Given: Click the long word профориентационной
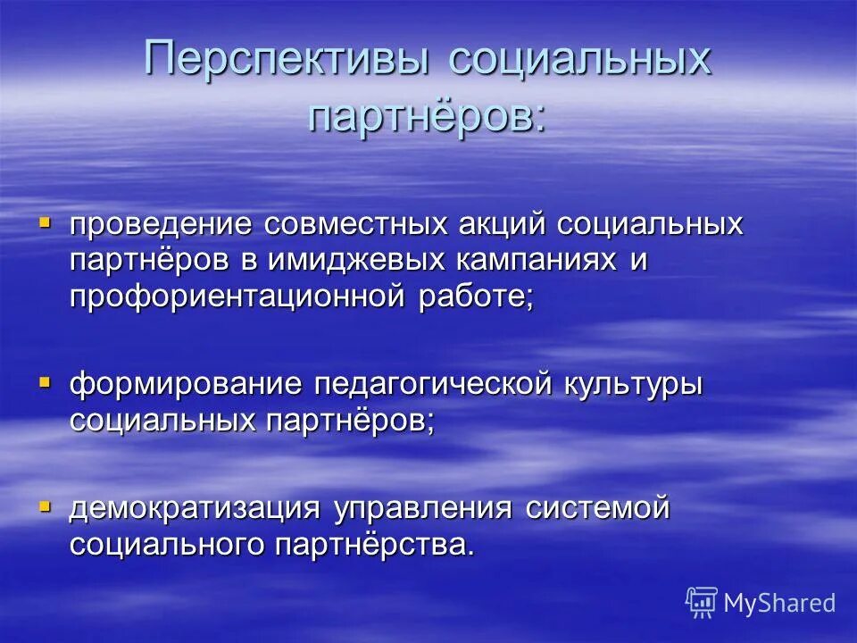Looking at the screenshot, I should [238, 297].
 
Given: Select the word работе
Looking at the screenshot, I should [477, 297].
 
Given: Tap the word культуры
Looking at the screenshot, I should [634, 384].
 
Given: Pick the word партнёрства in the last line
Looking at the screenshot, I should [370, 544].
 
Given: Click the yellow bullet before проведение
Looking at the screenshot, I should [45, 220].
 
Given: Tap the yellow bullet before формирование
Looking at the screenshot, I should [45, 380].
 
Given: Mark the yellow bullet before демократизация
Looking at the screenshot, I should [45, 505].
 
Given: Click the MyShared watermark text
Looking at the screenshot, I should [778, 604].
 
